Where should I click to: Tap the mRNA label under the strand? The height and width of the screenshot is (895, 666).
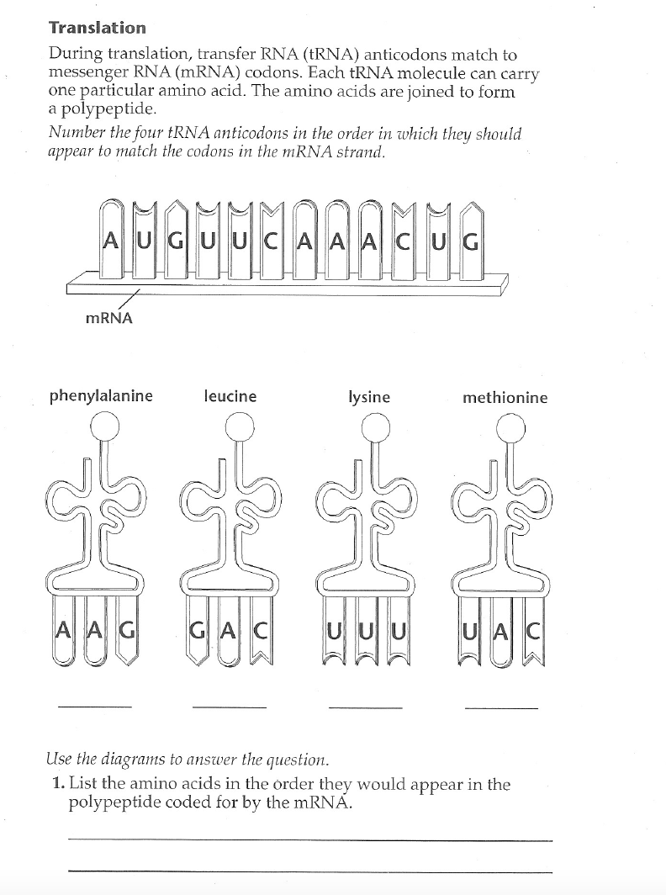point(109,319)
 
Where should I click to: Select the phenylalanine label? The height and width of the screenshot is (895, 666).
point(101,396)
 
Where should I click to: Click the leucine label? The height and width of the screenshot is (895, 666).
point(230,396)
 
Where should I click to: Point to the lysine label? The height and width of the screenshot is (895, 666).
point(369,397)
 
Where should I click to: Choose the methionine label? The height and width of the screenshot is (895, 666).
point(505,397)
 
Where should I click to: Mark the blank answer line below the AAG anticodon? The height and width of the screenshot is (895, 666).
point(94,705)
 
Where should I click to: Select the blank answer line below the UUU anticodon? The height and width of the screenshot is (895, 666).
point(365,707)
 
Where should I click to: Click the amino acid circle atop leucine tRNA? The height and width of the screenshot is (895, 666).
point(239,427)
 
